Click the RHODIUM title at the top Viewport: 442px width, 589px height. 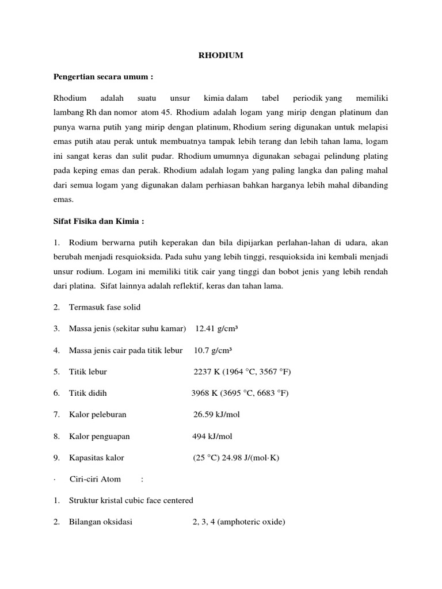[221, 55]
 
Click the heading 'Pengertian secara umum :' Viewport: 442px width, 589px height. [104, 77]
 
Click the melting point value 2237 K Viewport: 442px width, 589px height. [208, 372]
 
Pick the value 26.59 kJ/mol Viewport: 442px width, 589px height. [216, 415]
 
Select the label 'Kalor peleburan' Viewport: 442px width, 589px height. [97, 415]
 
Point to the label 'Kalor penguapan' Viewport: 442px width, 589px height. [100, 436]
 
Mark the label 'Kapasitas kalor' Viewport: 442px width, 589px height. [96, 458]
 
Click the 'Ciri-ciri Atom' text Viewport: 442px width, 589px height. [95, 479]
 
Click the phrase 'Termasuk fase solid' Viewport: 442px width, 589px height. [105, 307]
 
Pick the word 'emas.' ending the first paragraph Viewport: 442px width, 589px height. [63, 200]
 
